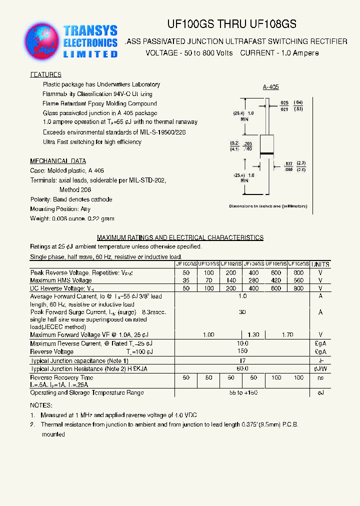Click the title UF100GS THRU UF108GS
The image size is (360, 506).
click(x=231, y=24)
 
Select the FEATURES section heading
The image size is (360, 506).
click(x=46, y=74)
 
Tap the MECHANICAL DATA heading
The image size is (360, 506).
click(x=58, y=161)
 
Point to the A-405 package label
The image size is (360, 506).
click(x=270, y=87)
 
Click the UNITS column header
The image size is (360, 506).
click(x=320, y=264)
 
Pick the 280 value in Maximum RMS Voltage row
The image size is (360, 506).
click(x=253, y=280)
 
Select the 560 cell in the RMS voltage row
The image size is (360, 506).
click(x=298, y=280)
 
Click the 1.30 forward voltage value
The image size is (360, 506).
click(x=253, y=334)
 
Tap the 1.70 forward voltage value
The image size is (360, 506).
click(x=287, y=334)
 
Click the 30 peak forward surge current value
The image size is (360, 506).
click(x=242, y=312)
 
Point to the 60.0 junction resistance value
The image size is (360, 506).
click(x=242, y=368)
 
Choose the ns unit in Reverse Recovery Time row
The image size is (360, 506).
click(x=320, y=377)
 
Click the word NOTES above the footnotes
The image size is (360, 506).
click(x=40, y=405)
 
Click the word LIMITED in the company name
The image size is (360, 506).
click(x=90, y=54)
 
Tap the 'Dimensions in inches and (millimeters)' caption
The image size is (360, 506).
click(x=268, y=206)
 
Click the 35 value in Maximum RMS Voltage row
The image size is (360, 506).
click(x=186, y=280)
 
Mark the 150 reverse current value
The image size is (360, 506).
click(x=242, y=351)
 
